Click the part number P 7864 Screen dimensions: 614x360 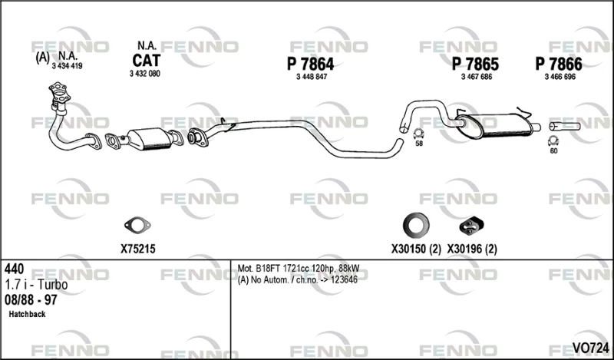pos(311,64)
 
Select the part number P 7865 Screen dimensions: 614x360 pos(475,64)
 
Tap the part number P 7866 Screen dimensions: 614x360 pos(559,64)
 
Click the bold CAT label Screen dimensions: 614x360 pos(147,61)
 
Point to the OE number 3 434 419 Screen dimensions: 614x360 pos(67,66)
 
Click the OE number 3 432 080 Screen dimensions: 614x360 pos(145,74)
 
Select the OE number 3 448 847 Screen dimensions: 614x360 pos(312,77)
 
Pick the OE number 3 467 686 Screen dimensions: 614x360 pos(477,77)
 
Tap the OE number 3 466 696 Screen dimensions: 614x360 pos(560,77)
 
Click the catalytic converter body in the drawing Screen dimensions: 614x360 pos(150,139)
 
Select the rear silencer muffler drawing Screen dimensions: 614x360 pos(494,125)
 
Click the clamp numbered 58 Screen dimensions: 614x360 pos(419,134)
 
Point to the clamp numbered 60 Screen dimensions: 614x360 pos(553,141)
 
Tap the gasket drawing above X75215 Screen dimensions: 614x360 pos(137,226)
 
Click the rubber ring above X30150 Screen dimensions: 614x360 pos(416,226)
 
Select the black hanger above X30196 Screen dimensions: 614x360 pos(471,226)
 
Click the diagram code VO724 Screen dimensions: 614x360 pos(590,347)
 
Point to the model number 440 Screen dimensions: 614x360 pos(14,269)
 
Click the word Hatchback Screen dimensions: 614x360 pos(27,314)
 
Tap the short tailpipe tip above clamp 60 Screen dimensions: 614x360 pos(565,126)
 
